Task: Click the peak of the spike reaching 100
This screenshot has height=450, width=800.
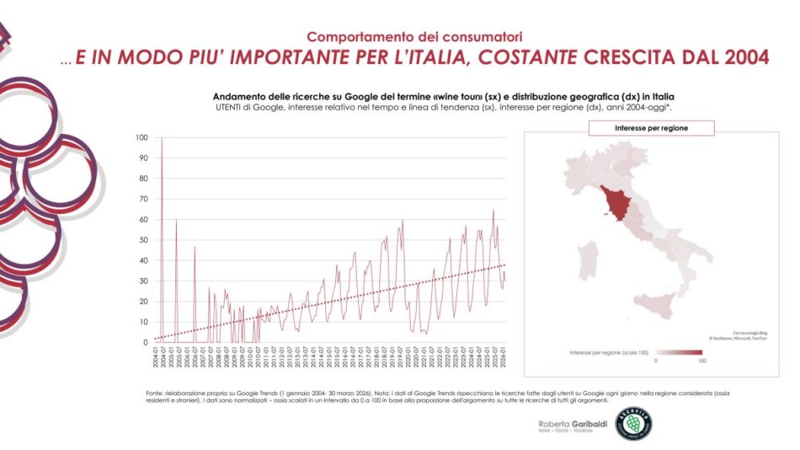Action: [x=162, y=138]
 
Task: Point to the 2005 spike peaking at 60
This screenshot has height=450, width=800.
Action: [x=176, y=220]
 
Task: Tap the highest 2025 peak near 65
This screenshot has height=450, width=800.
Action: [x=493, y=210]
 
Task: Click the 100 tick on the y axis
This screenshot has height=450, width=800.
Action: [x=141, y=137]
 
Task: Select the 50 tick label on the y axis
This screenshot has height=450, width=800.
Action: [x=142, y=240]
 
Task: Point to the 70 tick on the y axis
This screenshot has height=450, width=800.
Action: [x=142, y=199]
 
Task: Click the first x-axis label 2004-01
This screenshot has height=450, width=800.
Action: [x=156, y=358]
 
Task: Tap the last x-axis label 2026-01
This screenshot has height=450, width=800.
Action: [x=504, y=358]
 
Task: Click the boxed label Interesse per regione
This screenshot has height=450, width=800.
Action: [x=651, y=128]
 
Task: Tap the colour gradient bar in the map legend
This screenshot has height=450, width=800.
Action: [x=679, y=352]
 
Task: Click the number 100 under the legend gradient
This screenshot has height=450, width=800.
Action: [x=701, y=361]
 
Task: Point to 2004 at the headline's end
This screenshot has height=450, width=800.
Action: [x=744, y=58]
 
